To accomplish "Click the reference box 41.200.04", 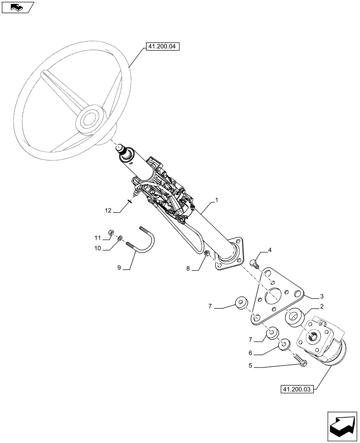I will [162, 46].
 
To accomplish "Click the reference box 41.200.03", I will [297, 389].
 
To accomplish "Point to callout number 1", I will [216, 200].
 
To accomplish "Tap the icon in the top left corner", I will [17, 7].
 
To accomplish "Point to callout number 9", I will [119, 268].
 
